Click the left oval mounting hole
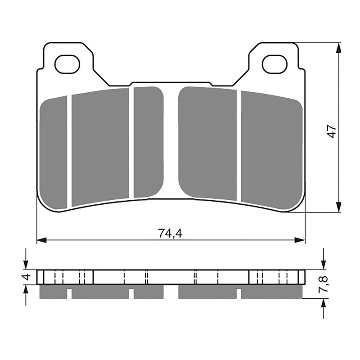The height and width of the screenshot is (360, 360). (67, 64)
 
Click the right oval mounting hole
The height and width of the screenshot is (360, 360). (274, 64)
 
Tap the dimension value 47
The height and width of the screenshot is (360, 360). (332, 131)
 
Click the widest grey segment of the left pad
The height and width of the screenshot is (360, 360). (100, 147)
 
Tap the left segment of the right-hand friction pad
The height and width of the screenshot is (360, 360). (207, 143)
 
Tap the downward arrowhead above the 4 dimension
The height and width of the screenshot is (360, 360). (26, 265)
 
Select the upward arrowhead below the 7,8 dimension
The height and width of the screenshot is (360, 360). (323, 303)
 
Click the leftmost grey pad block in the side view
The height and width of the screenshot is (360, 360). (54, 293)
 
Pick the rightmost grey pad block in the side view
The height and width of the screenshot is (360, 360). (271, 293)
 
